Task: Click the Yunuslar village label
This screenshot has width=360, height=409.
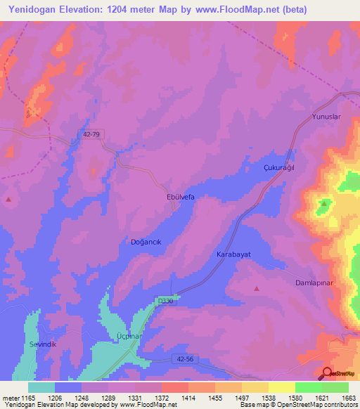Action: click(326, 117)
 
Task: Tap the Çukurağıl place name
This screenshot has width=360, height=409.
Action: click(278, 169)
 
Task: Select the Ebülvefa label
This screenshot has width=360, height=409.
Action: click(180, 197)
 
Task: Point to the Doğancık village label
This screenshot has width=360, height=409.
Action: click(146, 242)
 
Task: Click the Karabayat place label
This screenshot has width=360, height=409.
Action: click(233, 254)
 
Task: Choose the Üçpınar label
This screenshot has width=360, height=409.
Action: click(129, 337)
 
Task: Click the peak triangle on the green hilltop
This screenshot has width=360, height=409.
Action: click(323, 203)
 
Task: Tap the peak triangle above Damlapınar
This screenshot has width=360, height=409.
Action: click(256, 288)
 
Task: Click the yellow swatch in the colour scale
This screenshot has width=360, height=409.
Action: click(281, 387)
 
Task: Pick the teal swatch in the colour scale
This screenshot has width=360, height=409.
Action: click(41, 387)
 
